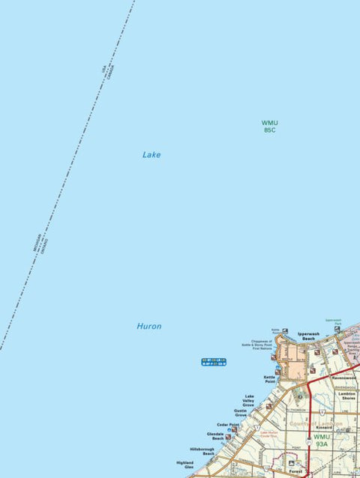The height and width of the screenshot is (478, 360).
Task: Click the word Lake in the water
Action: [x=151, y=155]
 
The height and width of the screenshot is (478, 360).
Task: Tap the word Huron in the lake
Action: [x=148, y=327]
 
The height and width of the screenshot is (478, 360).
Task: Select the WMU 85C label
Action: [x=269, y=126]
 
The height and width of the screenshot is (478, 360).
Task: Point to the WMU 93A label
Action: [x=322, y=441]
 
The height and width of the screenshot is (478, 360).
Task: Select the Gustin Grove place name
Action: [x=240, y=413]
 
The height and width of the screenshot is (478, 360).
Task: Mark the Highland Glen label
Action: [x=184, y=465]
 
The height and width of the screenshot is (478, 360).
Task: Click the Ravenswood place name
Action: [x=343, y=378]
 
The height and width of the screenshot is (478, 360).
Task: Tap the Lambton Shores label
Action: [x=346, y=396]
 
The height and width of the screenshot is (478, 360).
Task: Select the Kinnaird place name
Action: [x=324, y=428]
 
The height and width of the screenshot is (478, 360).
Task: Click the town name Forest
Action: [x=296, y=472]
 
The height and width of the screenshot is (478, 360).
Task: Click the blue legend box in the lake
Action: [x=214, y=362]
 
